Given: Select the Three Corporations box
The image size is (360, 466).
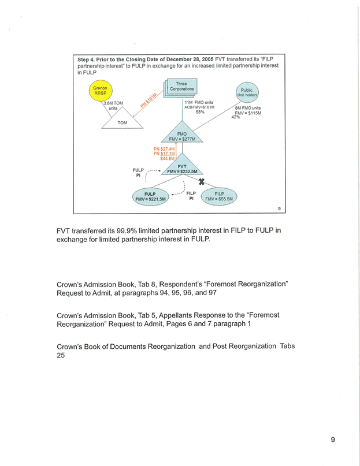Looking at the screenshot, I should click(x=181, y=88).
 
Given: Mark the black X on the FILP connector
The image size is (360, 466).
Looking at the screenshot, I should click(x=202, y=182).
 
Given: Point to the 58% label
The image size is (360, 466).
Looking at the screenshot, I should click(x=200, y=112).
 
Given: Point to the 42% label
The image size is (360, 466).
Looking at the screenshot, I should click(x=235, y=117).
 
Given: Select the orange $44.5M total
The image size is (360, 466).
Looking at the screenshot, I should click(x=167, y=158).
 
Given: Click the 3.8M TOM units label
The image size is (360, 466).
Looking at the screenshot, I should click(x=113, y=105).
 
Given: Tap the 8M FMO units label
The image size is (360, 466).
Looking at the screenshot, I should click(x=248, y=107).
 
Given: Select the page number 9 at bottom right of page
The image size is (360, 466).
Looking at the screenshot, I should click(x=333, y=440).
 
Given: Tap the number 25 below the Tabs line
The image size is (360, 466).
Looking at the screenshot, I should click(x=61, y=356).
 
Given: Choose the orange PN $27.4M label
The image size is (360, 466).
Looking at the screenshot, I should click(x=164, y=148).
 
